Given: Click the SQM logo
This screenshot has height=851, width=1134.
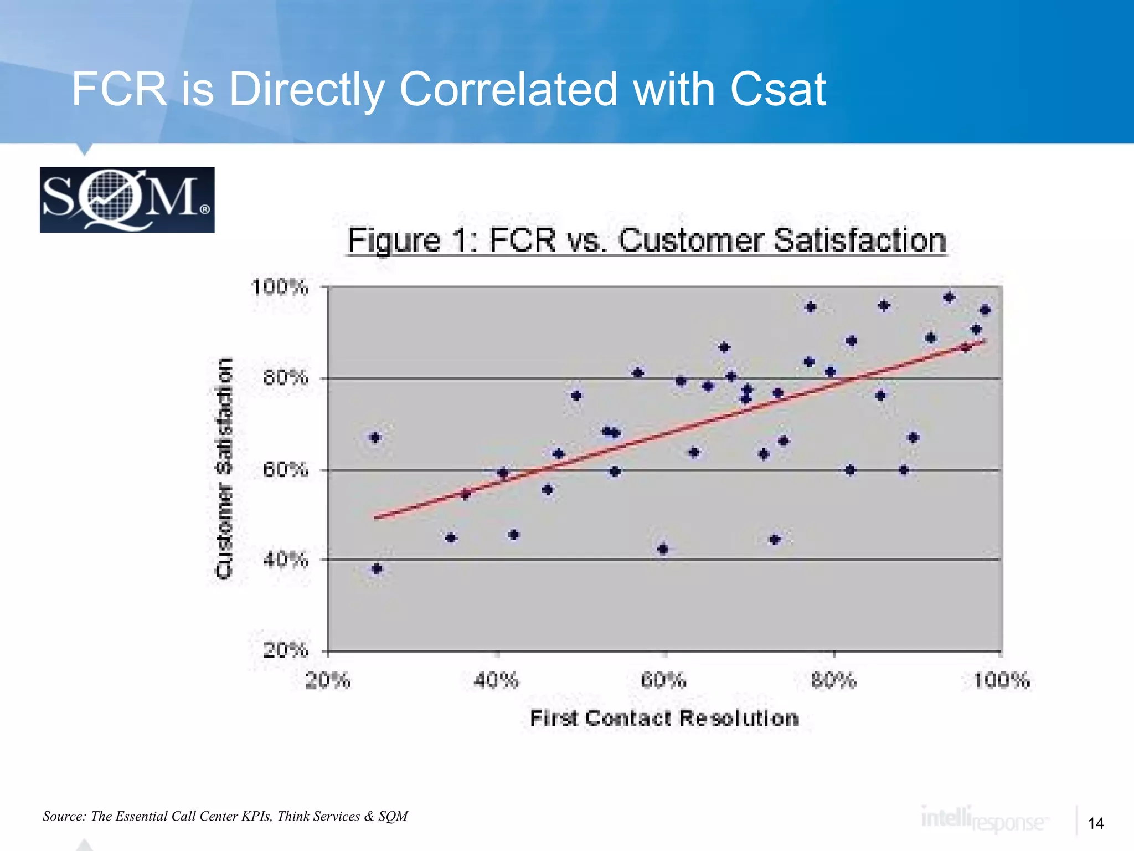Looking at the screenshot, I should pos(127,199).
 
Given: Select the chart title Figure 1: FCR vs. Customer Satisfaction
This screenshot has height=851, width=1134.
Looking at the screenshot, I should pos(647,240).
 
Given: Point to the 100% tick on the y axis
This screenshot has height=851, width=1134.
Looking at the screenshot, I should pos(280,287).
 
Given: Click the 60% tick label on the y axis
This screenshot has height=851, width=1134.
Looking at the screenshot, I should pos(285,470).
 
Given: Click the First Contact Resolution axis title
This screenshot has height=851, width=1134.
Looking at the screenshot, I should pos(664,718).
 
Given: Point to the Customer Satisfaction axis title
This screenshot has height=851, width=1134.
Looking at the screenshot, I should pos(224,468).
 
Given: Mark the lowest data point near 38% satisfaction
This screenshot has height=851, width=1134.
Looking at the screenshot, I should pos(377,568).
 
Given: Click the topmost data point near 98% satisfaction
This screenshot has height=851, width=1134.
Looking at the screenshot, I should pos(949,298).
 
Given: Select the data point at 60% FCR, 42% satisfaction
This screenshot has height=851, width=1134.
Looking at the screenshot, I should pos(663,549).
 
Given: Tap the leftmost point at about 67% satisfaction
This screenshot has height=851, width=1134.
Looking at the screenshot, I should pos(375,438).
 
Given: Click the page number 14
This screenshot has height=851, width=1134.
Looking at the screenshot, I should pos(1096,823).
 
